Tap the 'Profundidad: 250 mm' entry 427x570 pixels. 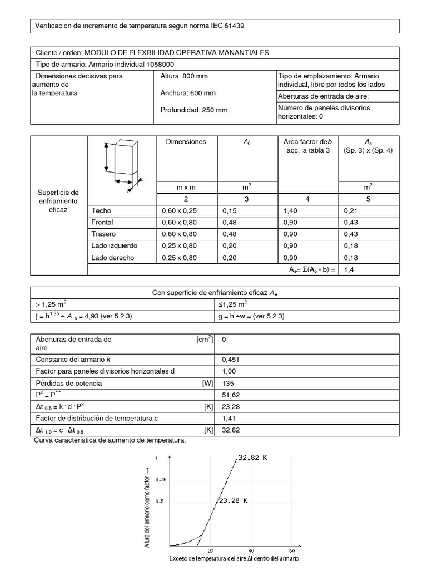coord(193,110)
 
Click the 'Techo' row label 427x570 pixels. coord(101,210)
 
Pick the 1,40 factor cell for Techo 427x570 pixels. coord(291,210)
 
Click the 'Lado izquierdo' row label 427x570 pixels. coord(114,245)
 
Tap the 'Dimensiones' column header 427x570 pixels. coord(186,142)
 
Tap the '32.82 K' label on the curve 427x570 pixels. coord(254,458)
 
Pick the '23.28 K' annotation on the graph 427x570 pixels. coord(234,500)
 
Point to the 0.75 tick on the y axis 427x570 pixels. coord(161,479)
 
